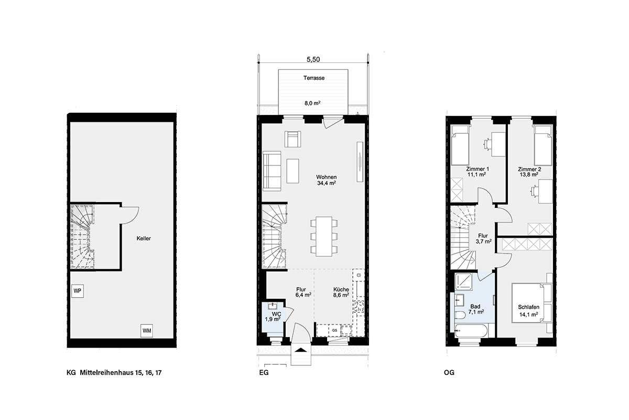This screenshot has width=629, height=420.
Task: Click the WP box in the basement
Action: coord(77,290)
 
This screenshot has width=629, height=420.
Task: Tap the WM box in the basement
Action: coord(147,331)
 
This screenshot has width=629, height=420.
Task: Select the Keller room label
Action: coord(144,238)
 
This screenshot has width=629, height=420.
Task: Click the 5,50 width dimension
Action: coord(313,60)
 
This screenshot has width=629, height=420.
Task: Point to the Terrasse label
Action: coord(314,78)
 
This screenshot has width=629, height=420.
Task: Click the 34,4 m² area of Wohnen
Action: coord(326,184)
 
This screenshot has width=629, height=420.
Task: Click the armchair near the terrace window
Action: coord(293,139)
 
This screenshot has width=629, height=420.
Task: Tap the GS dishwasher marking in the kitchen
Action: coord(334,330)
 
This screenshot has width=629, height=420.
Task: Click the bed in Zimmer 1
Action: coord(460,145)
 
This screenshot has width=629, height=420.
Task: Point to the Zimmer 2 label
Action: coord(529,169)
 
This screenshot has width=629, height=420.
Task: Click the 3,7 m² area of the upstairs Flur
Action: coord(483,241)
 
